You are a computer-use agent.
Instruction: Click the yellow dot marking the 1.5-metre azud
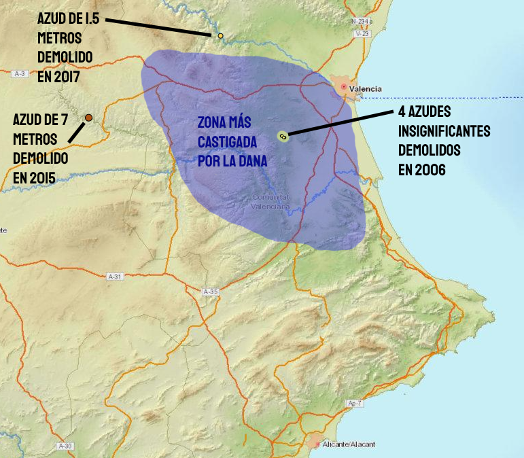click(x=220, y=35)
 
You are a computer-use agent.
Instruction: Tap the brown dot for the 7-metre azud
click(x=88, y=118)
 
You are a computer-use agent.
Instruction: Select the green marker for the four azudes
click(x=283, y=137)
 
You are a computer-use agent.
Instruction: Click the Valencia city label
click(x=365, y=89)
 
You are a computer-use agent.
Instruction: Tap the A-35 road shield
click(x=211, y=292)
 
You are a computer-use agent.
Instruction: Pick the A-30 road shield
click(x=65, y=446)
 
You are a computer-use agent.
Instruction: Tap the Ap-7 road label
click(x=353, y=404)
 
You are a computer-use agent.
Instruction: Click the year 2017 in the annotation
click(x=68, y=77)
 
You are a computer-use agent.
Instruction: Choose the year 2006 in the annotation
click(x=432, y=169)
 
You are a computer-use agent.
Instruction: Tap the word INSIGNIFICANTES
click(x=444, y=130)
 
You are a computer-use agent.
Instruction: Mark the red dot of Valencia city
click(x=344, y=87)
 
